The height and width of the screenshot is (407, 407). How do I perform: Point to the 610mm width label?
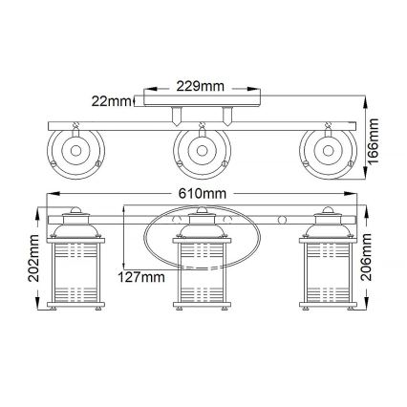coord(202,195)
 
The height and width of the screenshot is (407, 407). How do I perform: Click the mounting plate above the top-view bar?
coord(203,98)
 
